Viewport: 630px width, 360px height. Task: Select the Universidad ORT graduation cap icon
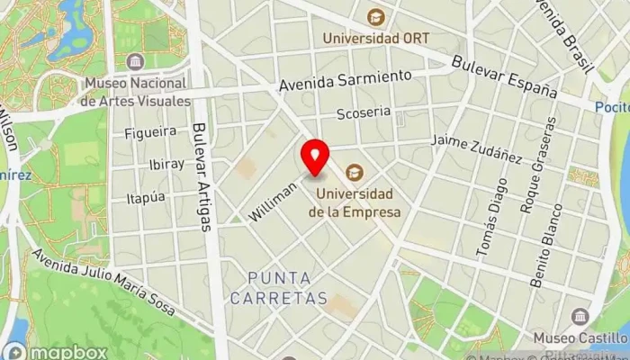375,16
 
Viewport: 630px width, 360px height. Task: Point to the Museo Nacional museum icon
135,61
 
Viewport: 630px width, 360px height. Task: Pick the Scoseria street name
362,114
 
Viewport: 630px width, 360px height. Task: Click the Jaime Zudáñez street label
476,148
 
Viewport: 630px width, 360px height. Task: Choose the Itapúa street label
146,197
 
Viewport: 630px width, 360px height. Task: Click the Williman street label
274,201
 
